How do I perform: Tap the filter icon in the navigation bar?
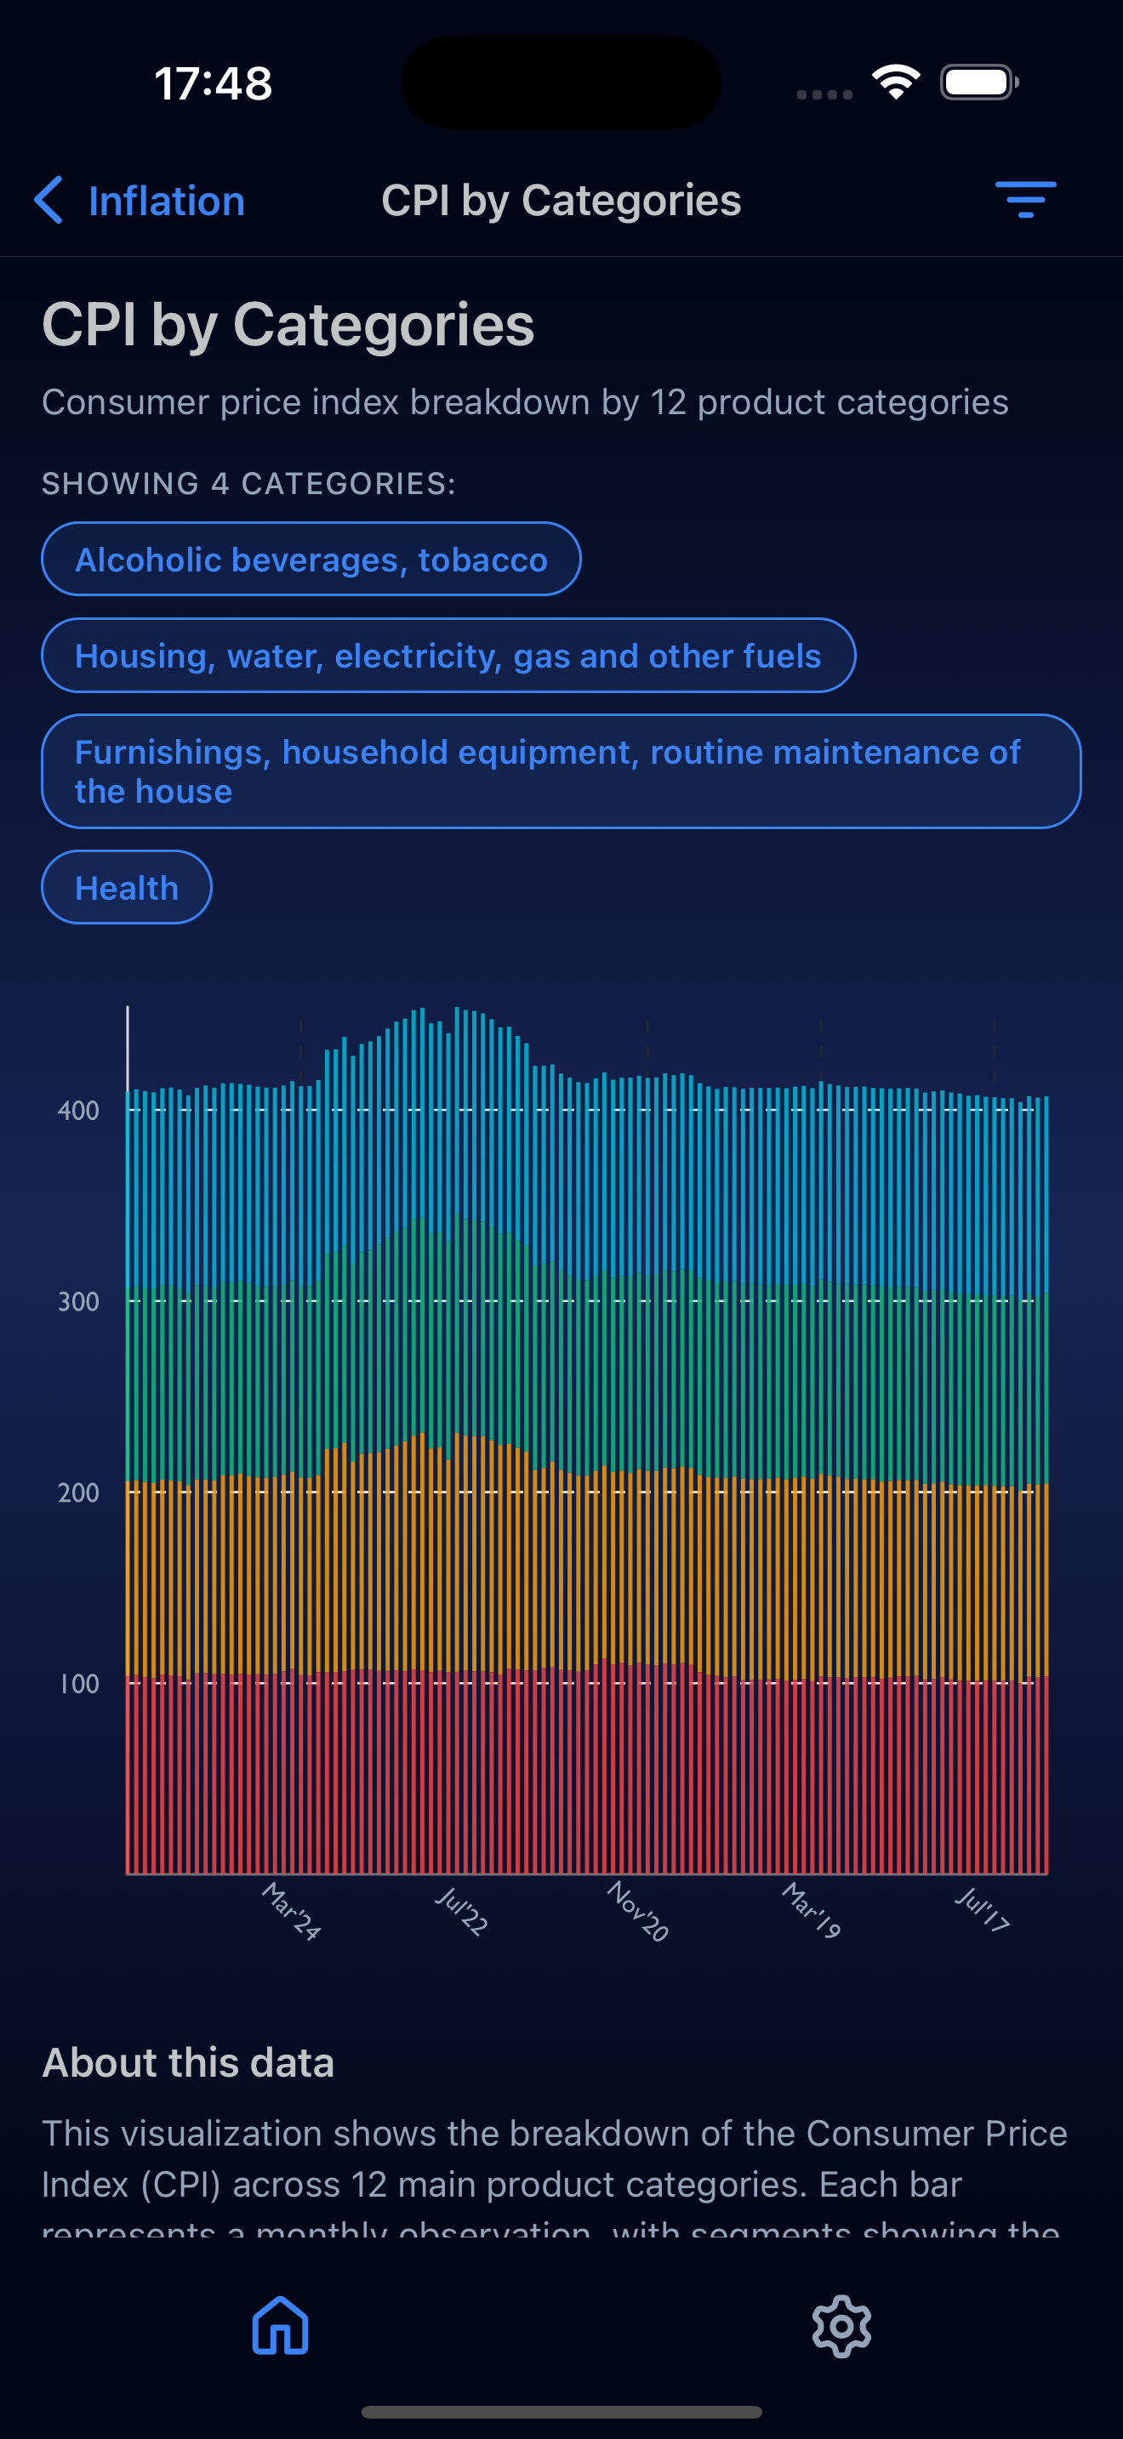point(1024,200)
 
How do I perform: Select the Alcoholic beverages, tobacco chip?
point(311,560)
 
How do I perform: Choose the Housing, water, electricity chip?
point(447,657)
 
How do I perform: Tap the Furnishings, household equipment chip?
point(561,771)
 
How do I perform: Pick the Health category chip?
point(127,888)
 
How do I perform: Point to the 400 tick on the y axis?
point(78,1111)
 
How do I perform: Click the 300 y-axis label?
point(78,1302)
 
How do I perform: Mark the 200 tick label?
point(78,1493)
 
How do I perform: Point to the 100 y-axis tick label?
point(78,1685)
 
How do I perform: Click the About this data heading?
point(188,2063)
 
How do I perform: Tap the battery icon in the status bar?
point(979,82)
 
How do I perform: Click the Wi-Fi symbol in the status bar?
point(896,82)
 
